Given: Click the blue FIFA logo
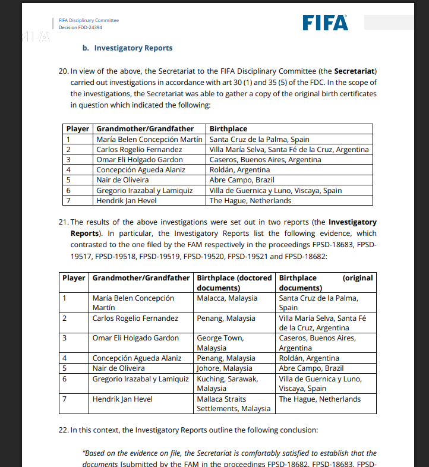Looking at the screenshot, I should (325, 23).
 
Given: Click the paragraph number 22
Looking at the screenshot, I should (64, 430).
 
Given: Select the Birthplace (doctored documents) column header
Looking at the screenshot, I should (234, 283).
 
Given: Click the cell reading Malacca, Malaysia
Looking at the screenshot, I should (227, 298).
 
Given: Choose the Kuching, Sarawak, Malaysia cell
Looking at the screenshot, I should (227, 383).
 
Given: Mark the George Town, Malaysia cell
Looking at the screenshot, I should (220, 343).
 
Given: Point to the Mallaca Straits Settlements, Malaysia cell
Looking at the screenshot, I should (233, 404).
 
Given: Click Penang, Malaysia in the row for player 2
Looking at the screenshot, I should (226, 318).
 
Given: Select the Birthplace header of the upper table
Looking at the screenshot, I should (228, 129).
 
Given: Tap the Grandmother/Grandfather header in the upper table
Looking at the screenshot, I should (145, 129).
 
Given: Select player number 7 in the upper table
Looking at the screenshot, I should (68, 200).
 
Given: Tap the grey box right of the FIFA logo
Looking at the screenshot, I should (389, 23).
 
